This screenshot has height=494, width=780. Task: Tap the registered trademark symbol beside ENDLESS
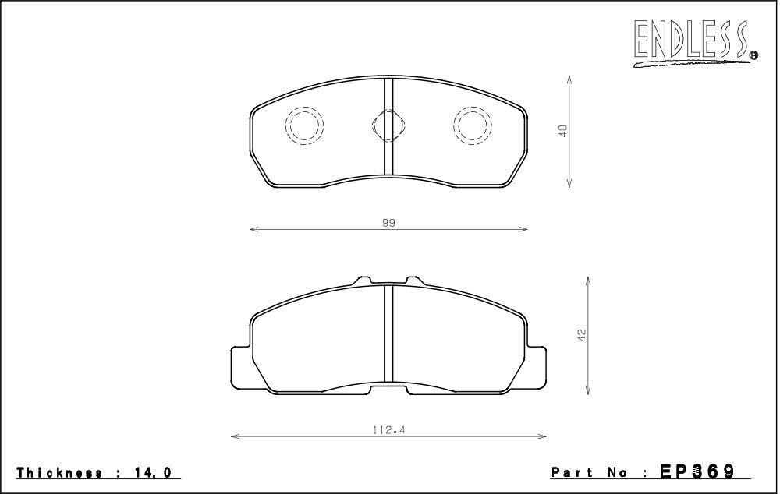[x=753, y=55]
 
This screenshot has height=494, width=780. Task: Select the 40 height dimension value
[x=563, y=131]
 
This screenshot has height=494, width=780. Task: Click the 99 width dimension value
[x=388, y=223]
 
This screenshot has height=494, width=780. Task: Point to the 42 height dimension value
[x=583, y=335]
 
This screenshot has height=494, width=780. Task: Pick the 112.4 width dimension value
[x=389, y=430]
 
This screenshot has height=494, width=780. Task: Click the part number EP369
[x=697, y=471]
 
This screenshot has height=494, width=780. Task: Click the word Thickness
[x=60, y=472]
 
